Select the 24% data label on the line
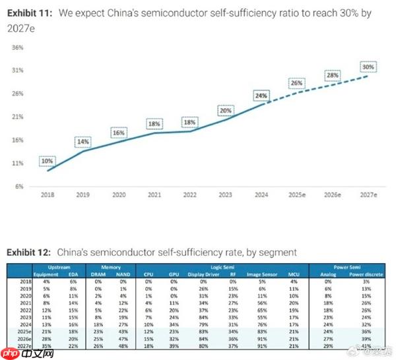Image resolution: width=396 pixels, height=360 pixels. click(261, 96)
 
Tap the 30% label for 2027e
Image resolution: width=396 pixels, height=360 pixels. click(368, 67)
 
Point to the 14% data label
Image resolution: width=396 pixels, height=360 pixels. click(82, 142)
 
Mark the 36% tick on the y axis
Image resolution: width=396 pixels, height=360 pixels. click(18, 47)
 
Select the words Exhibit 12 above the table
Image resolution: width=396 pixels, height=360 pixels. click(30, 253)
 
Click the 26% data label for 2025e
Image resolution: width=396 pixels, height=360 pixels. click(297, 83)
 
